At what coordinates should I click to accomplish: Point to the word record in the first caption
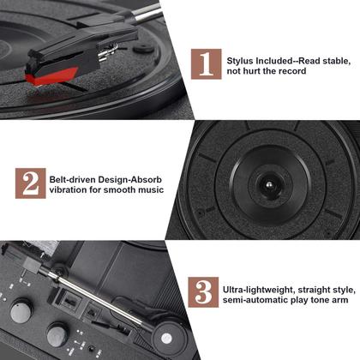click(290, 73)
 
